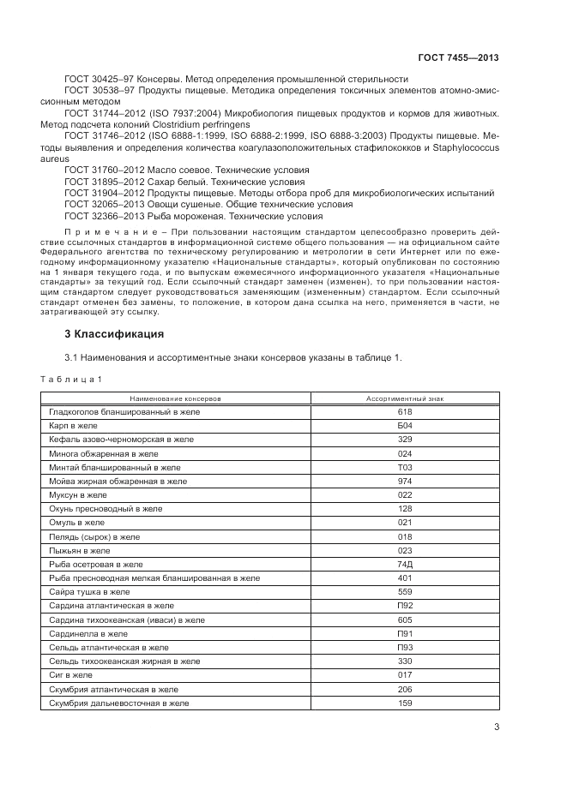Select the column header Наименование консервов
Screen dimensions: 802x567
pos(175,398)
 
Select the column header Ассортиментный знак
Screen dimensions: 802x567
pos(405,398)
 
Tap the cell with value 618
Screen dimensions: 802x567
pos(405,412)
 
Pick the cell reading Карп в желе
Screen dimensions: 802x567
pos(74,426)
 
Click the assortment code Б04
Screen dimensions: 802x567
pos(405,426)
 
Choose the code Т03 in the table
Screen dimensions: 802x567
pos(405,468)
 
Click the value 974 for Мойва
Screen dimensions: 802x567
pos(405,482)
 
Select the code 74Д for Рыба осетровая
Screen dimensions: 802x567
pos(405,565)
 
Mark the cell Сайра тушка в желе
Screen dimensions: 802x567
pos(89,592)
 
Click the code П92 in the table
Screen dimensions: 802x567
pos(405,606)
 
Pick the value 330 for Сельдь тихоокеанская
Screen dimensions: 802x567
pos(405,661)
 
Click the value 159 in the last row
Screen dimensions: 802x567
pos(405,703)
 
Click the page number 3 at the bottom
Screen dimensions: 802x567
pos(497,728)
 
